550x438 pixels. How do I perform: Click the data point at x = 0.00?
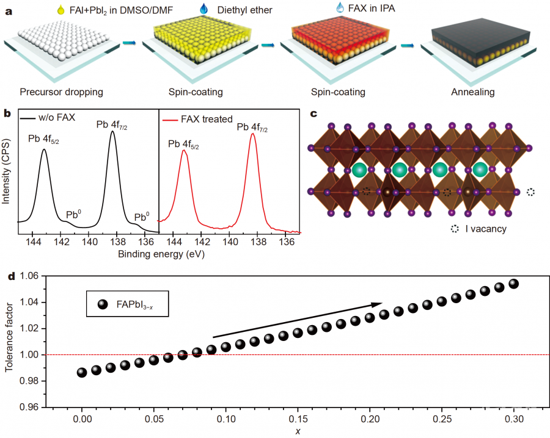click(81, 372)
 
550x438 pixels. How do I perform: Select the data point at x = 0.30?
click(514, 284)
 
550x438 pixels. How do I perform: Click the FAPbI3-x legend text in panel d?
click(142, 304)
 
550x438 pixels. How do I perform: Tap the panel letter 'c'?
click(313, 113)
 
